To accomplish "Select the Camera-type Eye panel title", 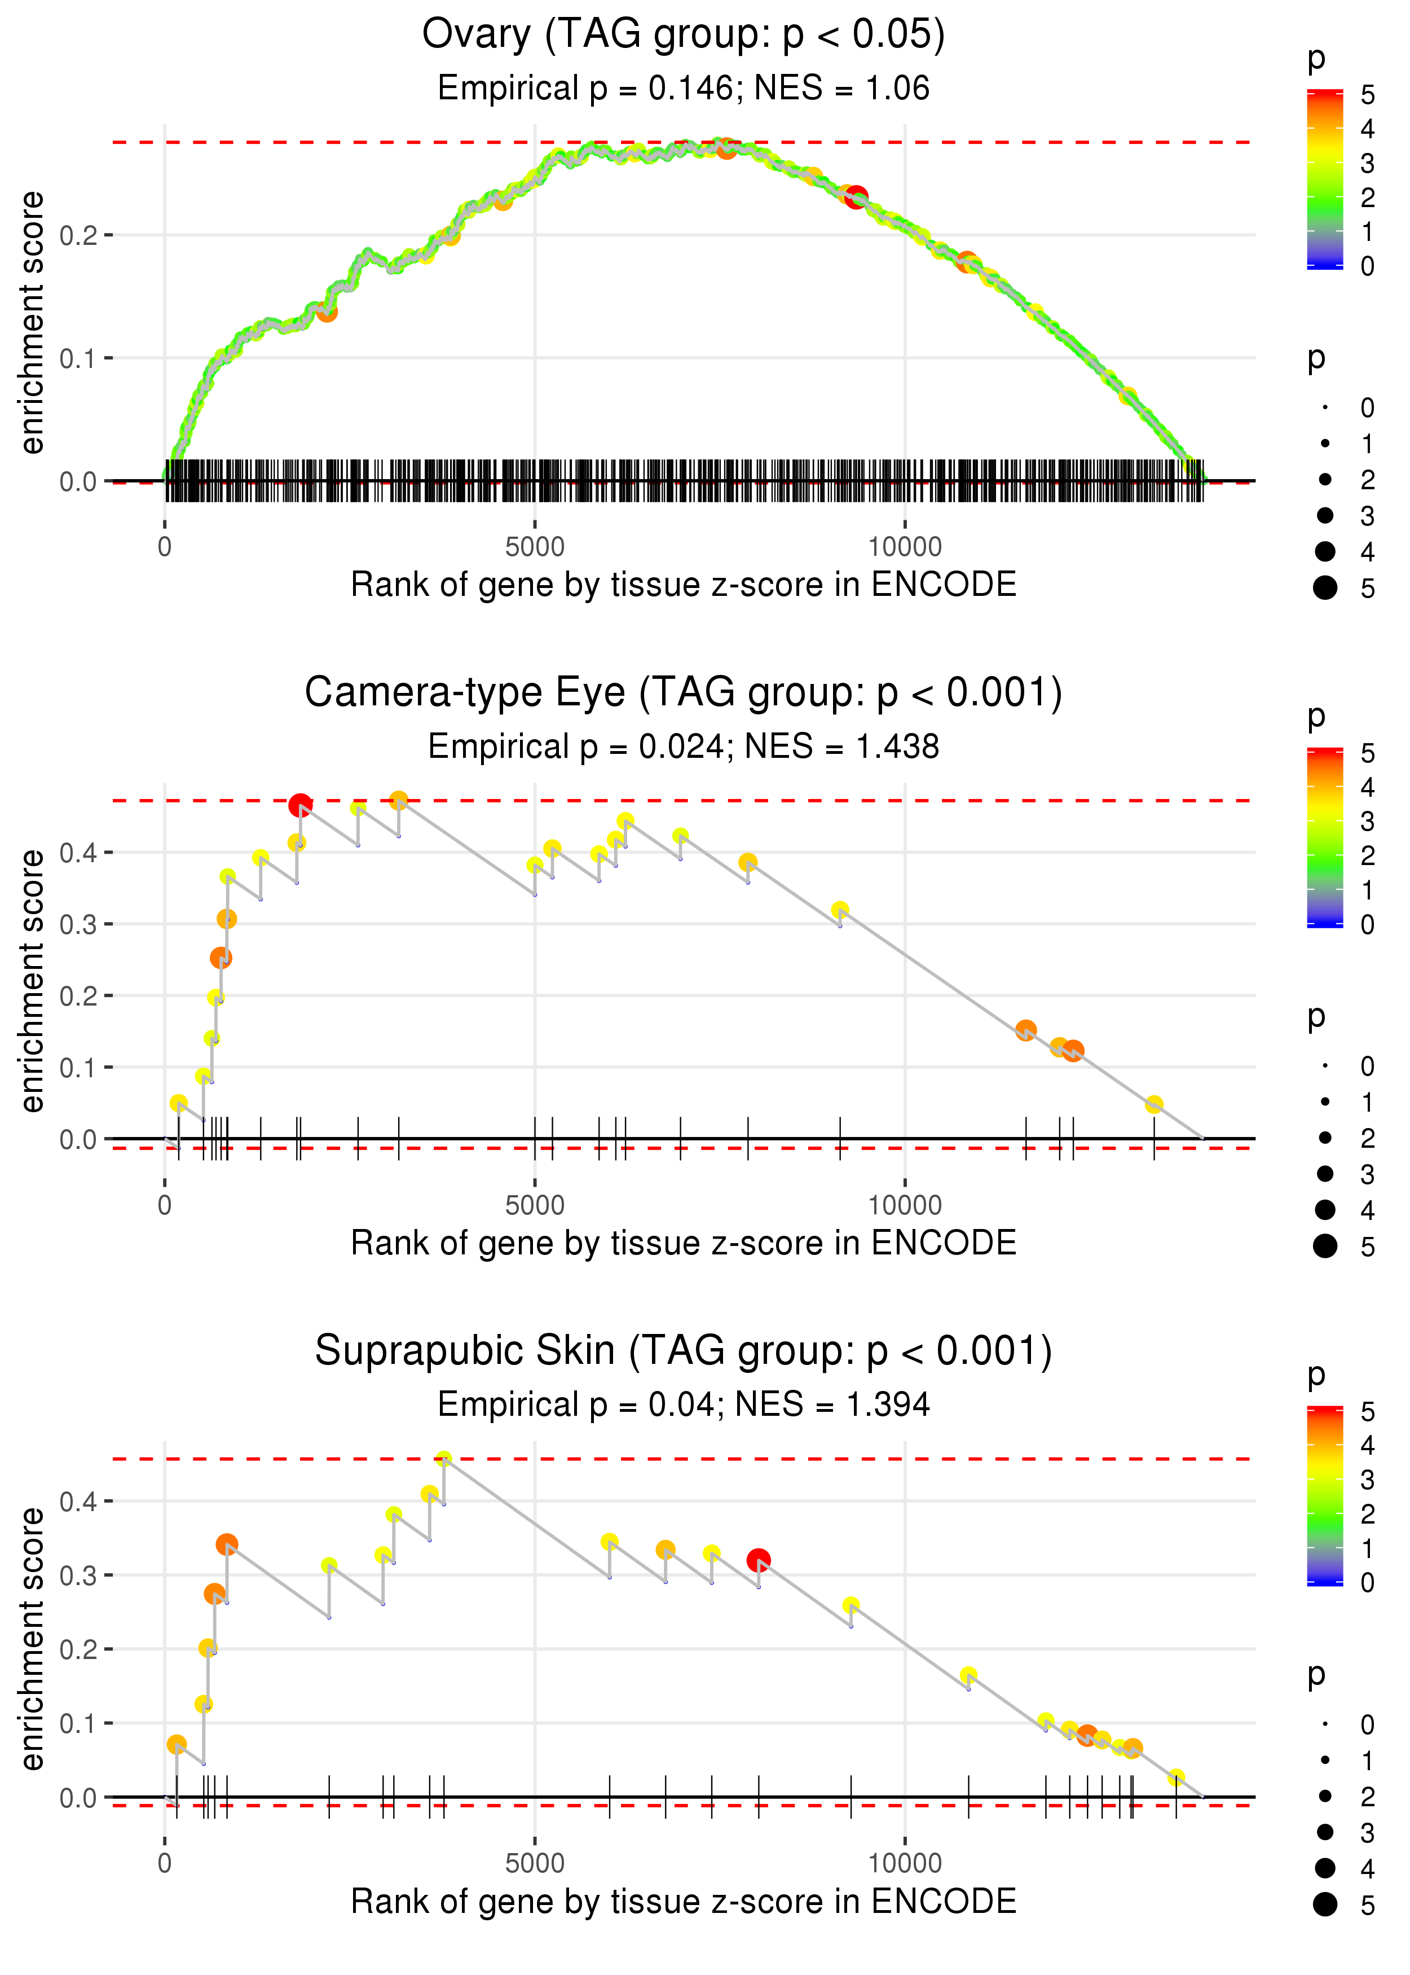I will [684, 693].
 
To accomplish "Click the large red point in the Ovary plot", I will [856, 197].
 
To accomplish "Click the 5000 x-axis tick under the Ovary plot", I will [535, 547].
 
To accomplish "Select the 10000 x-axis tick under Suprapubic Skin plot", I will [905, 1864].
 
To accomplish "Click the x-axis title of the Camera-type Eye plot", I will [684, 1244].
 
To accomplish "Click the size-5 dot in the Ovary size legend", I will [1325, 588].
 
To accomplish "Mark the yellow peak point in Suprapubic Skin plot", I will [444, 1459].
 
